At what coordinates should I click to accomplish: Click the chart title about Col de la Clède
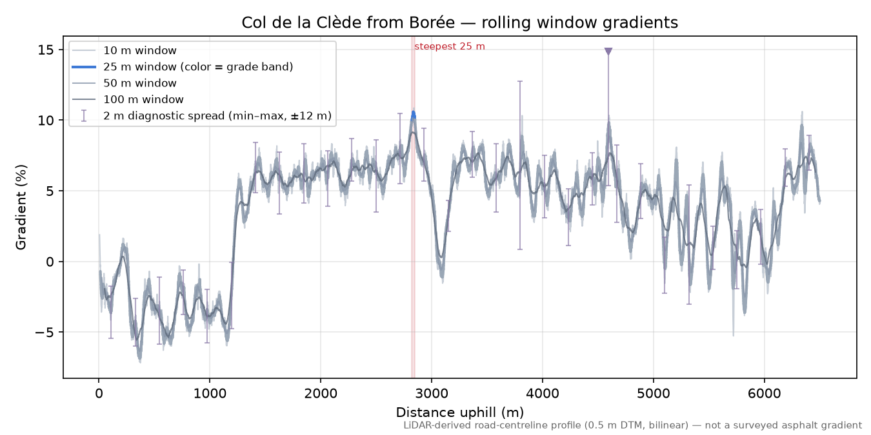459,23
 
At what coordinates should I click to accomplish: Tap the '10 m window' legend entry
125,50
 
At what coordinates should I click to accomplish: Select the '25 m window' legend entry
183,67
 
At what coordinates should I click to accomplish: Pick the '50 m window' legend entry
125,83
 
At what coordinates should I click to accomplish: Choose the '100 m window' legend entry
128,99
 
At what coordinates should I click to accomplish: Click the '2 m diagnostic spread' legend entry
202,116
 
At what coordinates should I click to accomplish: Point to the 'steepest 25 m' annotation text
450,46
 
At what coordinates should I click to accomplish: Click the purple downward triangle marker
608,52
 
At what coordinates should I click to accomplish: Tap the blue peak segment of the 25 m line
414,115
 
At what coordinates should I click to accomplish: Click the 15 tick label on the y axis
46,50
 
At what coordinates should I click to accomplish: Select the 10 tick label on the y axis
46,121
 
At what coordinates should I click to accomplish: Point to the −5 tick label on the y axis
44,333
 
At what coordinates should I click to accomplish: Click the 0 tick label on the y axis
50,262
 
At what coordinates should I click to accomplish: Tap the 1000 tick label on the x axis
210,394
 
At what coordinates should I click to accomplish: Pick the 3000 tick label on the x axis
432,394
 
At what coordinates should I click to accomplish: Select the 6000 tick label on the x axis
765,394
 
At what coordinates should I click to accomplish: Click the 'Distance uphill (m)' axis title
460,412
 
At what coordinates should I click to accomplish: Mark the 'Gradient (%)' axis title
21,207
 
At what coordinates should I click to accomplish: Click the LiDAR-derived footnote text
633,425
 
